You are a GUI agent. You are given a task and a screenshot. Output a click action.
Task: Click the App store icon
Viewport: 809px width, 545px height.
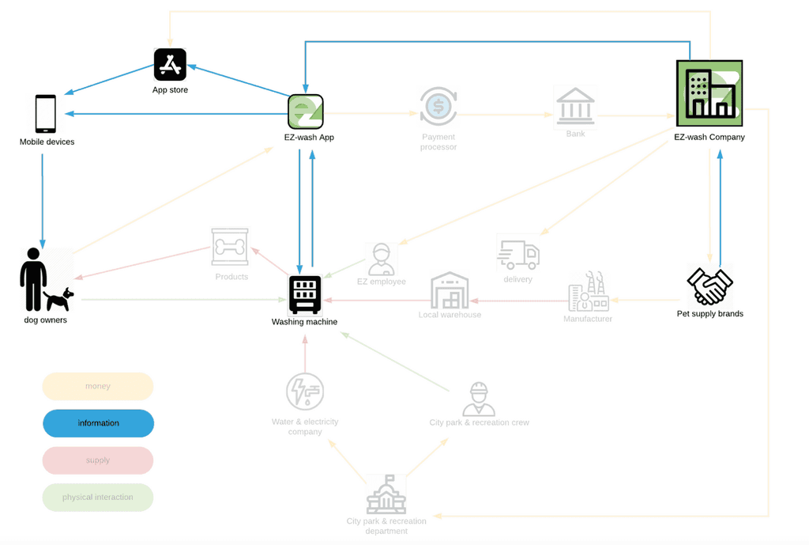pyautogui.click(x=170, y=64)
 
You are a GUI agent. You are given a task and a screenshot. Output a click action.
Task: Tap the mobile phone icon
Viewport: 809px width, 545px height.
pyautogui.click(x=46, y=114)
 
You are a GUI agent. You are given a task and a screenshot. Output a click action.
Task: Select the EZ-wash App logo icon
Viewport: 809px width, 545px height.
pyautogui.click(x=305, y=112)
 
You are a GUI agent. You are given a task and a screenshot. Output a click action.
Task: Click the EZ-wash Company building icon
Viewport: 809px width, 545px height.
pyautogui.click(x=709, y=93)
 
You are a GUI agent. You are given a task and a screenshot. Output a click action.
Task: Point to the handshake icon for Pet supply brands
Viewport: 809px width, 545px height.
pyautogui.click(x=709, y=286)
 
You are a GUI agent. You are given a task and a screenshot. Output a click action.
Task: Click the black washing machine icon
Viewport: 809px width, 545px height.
pyautogui.click(x=305, y=294)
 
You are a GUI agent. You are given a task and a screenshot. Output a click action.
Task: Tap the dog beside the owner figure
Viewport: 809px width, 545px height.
pyautogui.click(x=59, y=298)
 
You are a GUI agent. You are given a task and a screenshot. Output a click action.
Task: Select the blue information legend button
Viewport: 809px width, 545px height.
pyautogui.click(x=98, y=423)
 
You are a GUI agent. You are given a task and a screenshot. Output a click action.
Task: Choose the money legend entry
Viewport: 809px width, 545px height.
pyautogui.click(x=98, y=386)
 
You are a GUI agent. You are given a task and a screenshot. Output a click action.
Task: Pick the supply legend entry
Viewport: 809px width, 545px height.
pyautogui.click(x=98, y=460)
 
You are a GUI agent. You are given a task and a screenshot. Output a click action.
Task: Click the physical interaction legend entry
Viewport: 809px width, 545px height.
pyautogui.click(x=98, y=498)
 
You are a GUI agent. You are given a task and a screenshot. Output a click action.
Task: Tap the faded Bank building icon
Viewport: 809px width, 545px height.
pyautogui.click(x=575, y=107)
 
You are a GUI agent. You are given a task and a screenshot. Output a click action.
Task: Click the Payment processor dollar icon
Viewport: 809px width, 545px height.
pyautogui.click(x=438, y=107)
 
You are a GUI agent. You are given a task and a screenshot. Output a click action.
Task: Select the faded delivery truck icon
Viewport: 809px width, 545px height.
pyautogui.click(x=517, y=253)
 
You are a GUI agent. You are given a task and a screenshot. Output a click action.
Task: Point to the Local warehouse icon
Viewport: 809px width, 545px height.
pyautogui.click(x=450, y=291)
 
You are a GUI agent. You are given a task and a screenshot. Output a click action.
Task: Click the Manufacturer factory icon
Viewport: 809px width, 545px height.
pyautogui.click(x=588, y=293)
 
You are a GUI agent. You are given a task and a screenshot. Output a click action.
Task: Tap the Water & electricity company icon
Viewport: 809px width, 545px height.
pyautogui.click(x=305, y=392)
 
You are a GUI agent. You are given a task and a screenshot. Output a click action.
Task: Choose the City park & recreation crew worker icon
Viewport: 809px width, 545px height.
pyautogui.click(x=479, y=399)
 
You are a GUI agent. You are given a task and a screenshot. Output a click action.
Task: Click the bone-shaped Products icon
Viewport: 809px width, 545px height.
pyautogui.click(x=230, y=248)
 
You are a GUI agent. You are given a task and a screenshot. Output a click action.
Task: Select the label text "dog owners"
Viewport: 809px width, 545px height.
pyautogui.click(x=46, y=320)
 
